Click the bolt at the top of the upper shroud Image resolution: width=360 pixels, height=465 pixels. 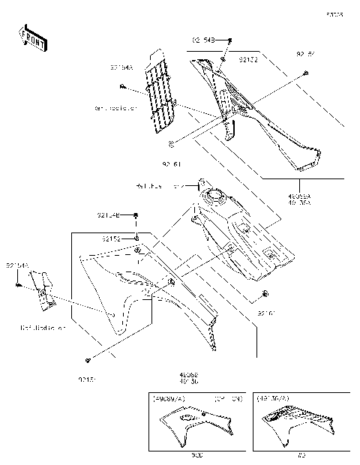tap(231, 39)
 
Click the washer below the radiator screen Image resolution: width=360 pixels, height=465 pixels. tap(172, 142)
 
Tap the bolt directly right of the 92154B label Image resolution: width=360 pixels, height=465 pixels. tap(136, 215)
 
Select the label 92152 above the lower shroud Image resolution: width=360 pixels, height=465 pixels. tap(112, 238)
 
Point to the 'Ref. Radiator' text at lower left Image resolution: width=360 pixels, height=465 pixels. tap(43, 328)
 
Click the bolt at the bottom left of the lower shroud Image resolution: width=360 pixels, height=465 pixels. tap(88, 359)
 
